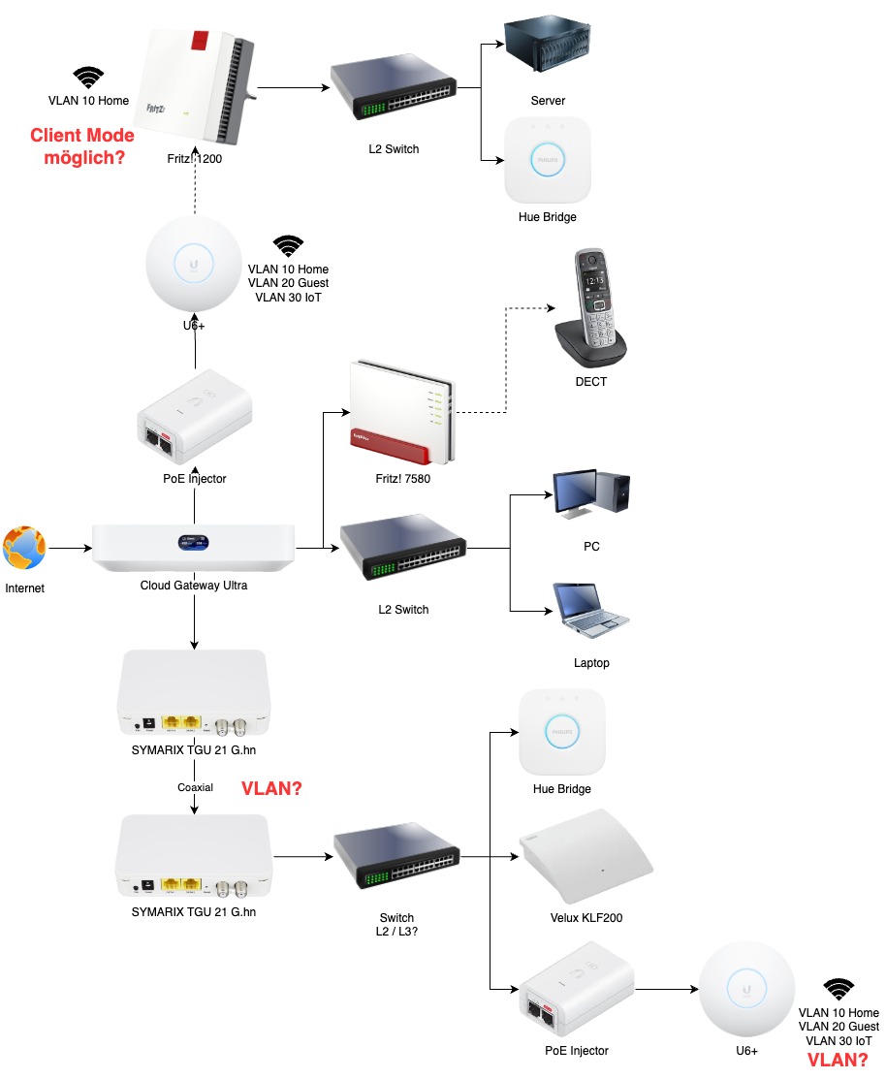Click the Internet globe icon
click(x=24, y=549)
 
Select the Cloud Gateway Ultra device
click(x=195, y=548)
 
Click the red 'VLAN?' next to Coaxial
click(x=271, y=789)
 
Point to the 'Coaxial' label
click(x=195, y=788)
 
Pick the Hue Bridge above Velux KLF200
click(x=562, y=731)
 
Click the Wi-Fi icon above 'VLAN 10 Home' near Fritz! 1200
click(x=89, y=78)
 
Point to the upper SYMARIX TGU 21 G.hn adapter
click(x=194, y=692)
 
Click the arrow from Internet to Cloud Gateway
click(x=70, y=549)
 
